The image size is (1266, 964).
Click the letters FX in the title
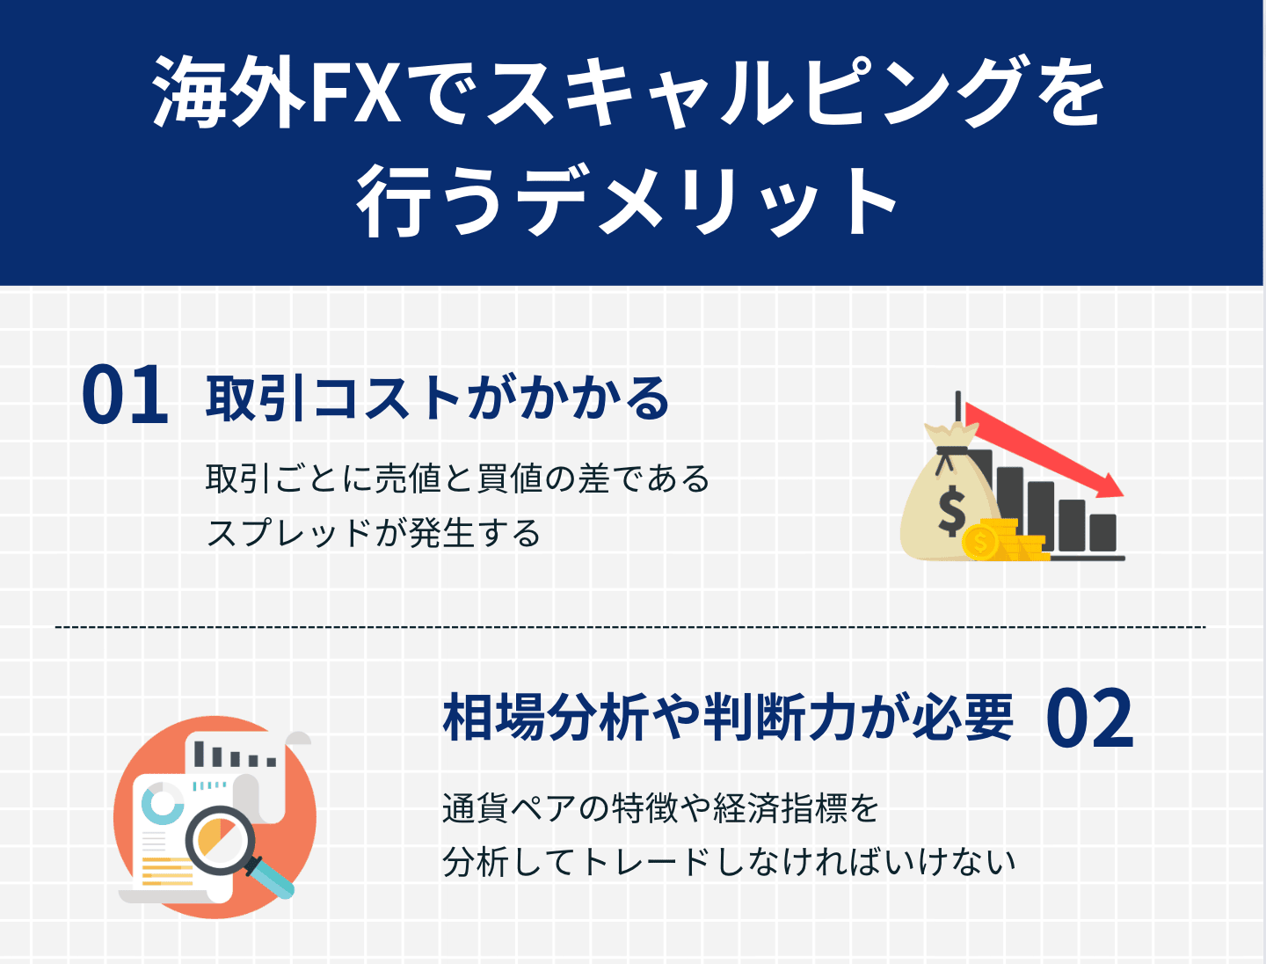click(x=353, y=92)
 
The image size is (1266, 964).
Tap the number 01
click(x=125, y=397)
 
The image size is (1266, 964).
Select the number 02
click(x=1089, y=719)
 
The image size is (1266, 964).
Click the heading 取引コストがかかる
click(x=438, y=398)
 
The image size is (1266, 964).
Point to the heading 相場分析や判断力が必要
click(x=728, y=718)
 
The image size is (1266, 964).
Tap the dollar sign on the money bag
click(x=951, y=511)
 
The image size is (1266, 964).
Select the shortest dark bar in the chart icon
click(x=1102, y=532)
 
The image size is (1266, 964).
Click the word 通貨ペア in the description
click(x=509, y=807)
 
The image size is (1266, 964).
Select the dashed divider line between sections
click(x=629, y=627)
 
